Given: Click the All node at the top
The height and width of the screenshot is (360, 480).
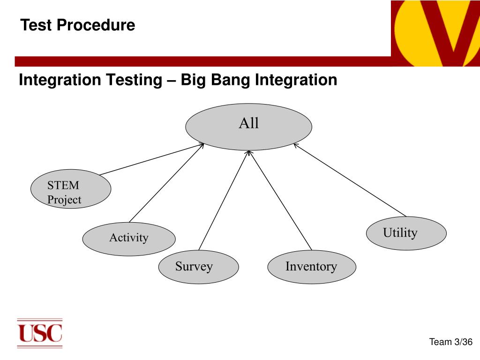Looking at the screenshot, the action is pyautogui.click(x=248, y=127).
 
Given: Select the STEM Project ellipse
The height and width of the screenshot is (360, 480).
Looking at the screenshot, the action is pyautogui.click(x=71, y=189).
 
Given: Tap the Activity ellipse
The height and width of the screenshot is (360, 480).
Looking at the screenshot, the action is pyautogui.click(x=129, y=239).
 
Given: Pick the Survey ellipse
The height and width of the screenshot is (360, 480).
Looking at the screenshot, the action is pyautogui.click(x=198, y=267).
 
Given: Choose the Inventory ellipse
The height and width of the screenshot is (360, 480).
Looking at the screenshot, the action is pyautogui.click(x=312, y=267).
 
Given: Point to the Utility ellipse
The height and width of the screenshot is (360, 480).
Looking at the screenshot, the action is pyautogui.click(x=406, y=233).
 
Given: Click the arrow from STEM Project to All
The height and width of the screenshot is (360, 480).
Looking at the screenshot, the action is pyautogui.click(x=152, y=159).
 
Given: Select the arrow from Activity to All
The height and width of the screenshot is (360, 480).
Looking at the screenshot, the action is pyautogui.click(x=166, y=183).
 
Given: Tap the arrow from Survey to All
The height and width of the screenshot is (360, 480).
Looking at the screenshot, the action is pyautogui.click(x=224, y=200).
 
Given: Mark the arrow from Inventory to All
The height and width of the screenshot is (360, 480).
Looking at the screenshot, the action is pyautogui.click(x=280, y=200).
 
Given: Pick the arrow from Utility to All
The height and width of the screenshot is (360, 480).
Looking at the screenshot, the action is pyautogui.click(x=350, y=180).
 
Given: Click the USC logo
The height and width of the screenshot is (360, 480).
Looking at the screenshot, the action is pyautogui.click(x=40, y=333).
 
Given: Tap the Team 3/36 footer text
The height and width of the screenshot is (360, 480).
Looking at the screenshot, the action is pyautogui.click(x=450, y=342).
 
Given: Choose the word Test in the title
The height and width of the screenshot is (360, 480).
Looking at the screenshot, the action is pyautogui.click(x=36, y=25).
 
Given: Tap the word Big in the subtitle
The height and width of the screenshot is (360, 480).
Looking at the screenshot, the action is pyautogui.click(x=193, y=80).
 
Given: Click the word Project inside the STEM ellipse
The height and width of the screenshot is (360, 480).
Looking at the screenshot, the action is pyautogui.click(x=64, y=200).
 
